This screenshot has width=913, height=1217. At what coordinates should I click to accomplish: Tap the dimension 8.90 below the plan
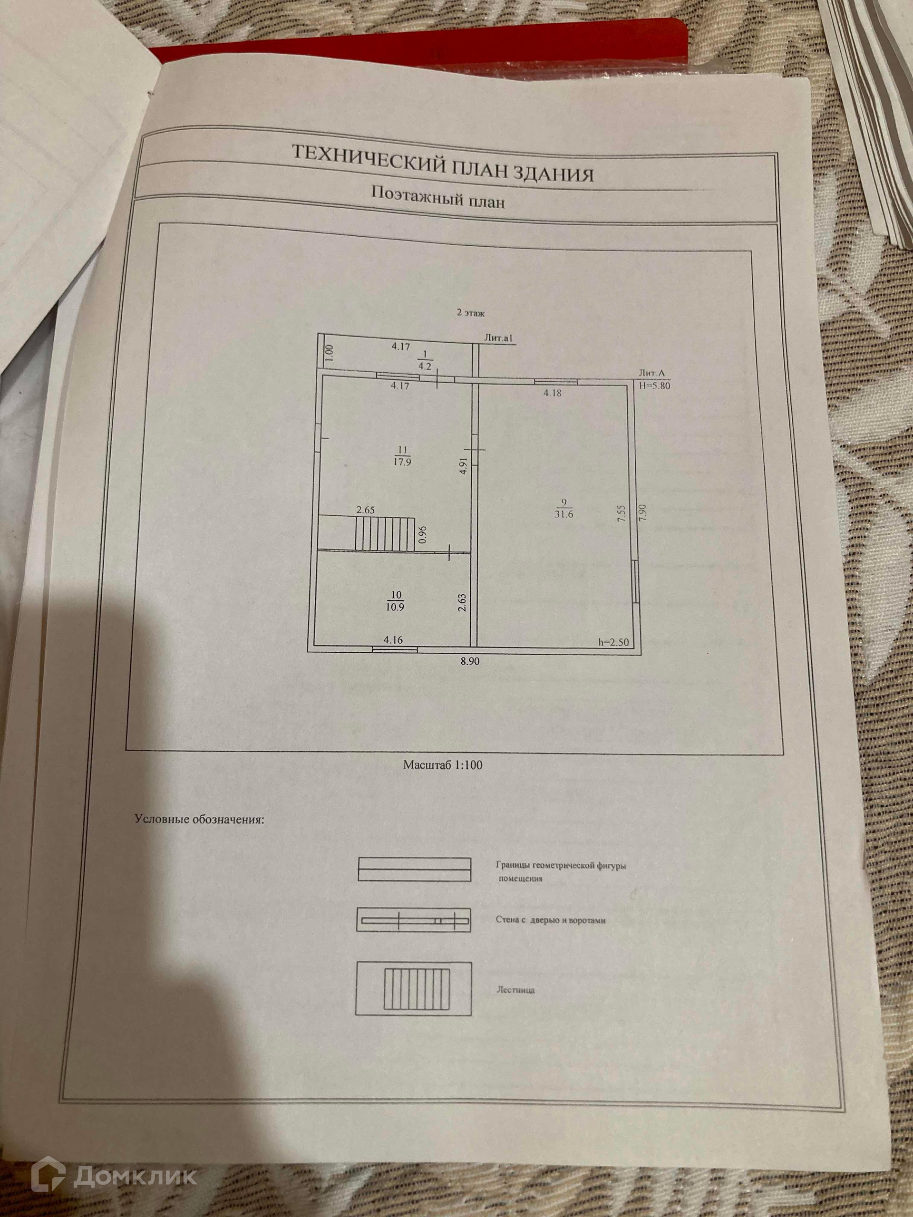470,662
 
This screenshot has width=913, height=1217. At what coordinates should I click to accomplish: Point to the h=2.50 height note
612,641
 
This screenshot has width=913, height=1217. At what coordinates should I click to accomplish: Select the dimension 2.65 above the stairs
365,510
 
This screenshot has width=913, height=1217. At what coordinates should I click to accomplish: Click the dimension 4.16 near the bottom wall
393,640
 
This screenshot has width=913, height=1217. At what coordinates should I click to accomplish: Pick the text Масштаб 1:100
442,765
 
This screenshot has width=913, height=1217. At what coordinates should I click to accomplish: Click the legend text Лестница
515,991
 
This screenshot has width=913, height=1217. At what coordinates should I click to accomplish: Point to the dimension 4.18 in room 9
552,393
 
